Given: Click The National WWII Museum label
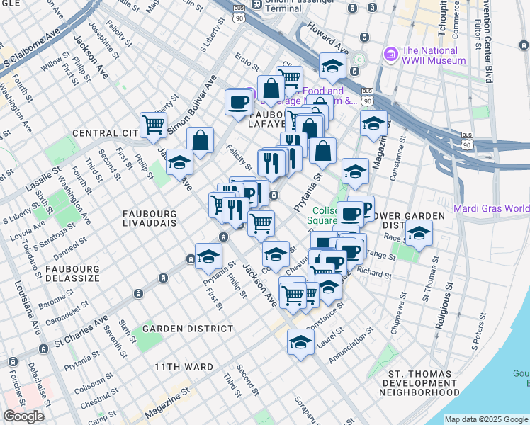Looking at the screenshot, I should pyautogui.click(x=434, y=55).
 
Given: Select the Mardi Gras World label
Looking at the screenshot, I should pyautogui.click(x=491, y=208).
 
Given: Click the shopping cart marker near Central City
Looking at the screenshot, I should pyautogui.click(x=153, y=125).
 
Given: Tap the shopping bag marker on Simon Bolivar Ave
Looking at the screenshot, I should pyautogui.click(x=201, y=140).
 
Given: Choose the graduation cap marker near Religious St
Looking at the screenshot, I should pyautogui.click(x=419, y=232).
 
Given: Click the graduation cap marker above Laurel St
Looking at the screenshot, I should pyautogui.click(x=300, y=342).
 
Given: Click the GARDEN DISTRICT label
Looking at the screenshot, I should pyautogui.click(x=188, y=329).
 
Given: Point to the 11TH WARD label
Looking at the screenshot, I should pyautogui.click(x=184, y=367).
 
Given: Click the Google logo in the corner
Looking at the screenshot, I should pyautogui.click(x=23, y=416).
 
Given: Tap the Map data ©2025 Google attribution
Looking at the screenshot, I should pyautogui.click(x=485, y=419).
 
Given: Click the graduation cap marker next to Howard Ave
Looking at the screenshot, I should pyautogui.click(x=332, y=67).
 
